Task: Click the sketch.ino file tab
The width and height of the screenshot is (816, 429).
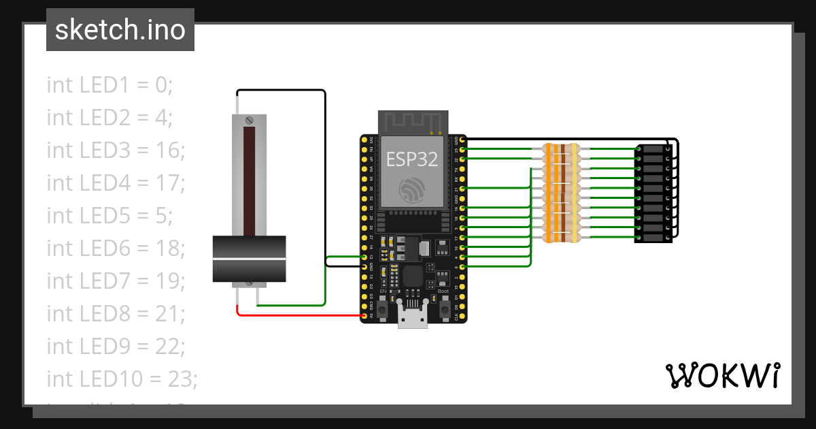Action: coord(120,30)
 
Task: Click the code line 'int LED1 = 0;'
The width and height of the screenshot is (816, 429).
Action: coord(109,85)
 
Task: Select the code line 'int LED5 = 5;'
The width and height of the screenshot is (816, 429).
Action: coord(109,216)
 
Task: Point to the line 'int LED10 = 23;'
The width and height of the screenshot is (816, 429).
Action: coord(122,379)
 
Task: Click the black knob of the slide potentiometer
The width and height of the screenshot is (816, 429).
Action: coord(249,258)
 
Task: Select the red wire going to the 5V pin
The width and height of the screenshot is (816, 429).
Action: coord(299,315)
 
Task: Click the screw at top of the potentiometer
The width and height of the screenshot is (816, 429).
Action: coord(249,121)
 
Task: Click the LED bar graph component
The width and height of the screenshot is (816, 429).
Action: coord(653,194)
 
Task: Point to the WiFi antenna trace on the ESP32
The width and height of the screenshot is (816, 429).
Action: coord(413,123)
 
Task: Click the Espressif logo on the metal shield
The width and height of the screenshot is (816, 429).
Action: coord(412,189)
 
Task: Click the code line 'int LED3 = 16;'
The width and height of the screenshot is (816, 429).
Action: coord(116,150)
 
